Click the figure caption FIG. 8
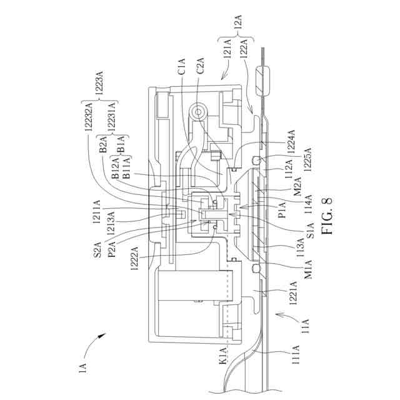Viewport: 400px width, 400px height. [x=329, y=216]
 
